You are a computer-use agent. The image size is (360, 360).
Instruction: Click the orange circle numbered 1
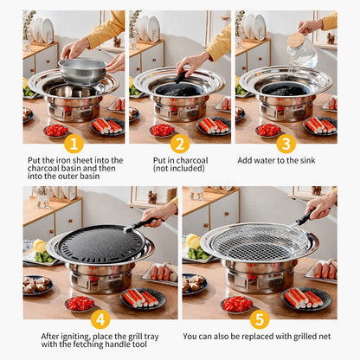(x=74, y=144)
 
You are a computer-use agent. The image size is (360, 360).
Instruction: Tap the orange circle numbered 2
(x=180, y=144)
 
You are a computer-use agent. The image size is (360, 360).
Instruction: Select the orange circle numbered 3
(x=286, y=144)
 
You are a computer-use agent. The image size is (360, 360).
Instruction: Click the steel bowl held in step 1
(x=81, y=69)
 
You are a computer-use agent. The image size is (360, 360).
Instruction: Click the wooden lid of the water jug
(x=296, y=39)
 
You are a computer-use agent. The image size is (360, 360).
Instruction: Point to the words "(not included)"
(x=179, y=170)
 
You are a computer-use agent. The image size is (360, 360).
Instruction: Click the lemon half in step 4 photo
(x=38, y=246)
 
